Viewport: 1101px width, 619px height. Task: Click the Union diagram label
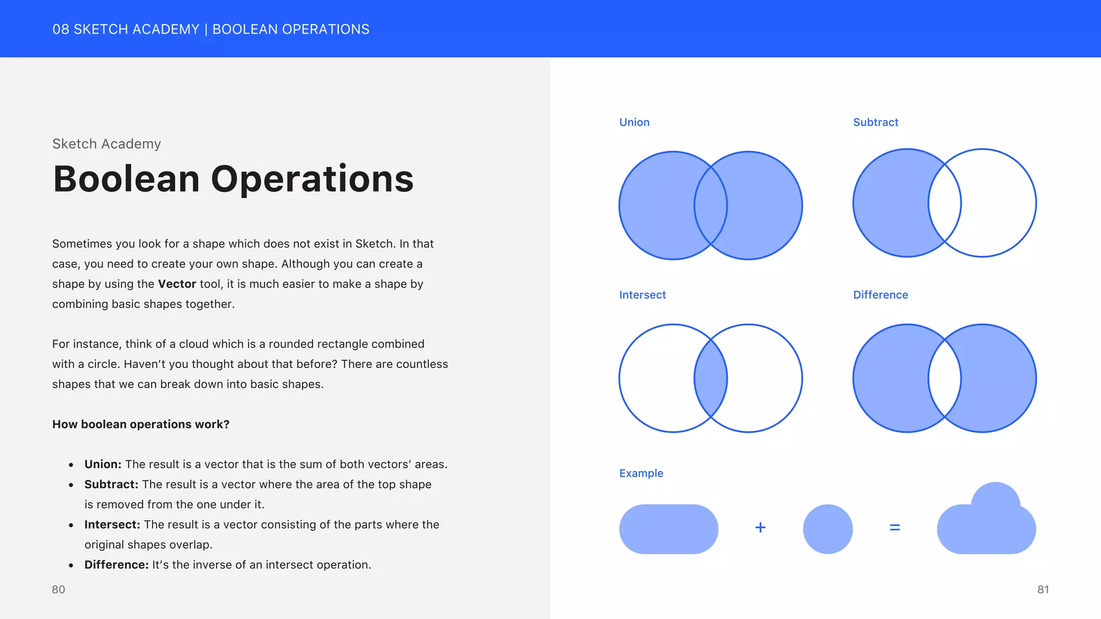coord(634,123)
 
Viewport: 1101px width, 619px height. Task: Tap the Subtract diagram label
coord(875,123)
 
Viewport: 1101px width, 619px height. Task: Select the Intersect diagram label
coord(642,295)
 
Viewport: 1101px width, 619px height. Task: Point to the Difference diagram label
coord(880,295)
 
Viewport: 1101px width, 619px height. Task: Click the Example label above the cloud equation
coord(641,473)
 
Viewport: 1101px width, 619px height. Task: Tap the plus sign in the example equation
coord(760,528)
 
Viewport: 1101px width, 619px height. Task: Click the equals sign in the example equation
coord(895,528)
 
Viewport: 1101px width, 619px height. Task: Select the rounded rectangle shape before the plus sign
coord(668,529)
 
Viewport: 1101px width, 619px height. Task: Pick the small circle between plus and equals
coord(827,529)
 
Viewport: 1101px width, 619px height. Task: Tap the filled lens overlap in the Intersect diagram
coord(711,378)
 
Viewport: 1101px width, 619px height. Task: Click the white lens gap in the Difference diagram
coord(945,378)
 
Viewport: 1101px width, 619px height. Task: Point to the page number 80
coord(58,589)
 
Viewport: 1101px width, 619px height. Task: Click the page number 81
coord(1043,589)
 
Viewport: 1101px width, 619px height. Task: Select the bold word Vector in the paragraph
coord(177,284)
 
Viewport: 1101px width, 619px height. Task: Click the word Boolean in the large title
coord(126,179)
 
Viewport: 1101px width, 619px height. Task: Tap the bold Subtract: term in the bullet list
coord(111,485)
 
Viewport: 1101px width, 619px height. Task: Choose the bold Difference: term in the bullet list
coord(116,565)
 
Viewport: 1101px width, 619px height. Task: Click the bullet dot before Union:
coord(71,465)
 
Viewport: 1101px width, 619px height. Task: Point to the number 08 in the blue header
coord(61,30)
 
